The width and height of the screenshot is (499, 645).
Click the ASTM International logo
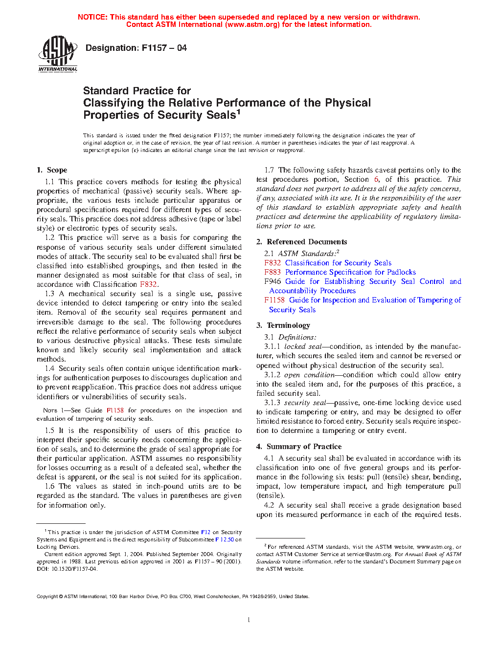(x=58, y=54)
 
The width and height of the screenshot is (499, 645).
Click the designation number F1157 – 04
(x=164, y=48)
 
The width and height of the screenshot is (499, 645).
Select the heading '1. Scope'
(x=52, y=170)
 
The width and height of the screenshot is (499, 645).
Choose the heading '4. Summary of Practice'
(x=299, y=447)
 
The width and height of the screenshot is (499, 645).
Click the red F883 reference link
(x=272, y=272)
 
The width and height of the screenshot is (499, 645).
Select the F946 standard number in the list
(x=272, y=281)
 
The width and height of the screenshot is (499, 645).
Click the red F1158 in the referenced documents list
(x=274, y=300)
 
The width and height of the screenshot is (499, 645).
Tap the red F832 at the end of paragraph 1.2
(x=148, y=284)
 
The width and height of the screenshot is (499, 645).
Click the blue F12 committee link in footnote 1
(x=205, y=532)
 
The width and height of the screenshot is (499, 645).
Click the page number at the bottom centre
(x=249, y=620)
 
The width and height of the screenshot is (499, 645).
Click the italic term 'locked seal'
(x=303, y=346)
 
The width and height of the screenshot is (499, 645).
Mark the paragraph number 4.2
(x=269, y=505)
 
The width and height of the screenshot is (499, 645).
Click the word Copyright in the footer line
(x=47, y=596)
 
